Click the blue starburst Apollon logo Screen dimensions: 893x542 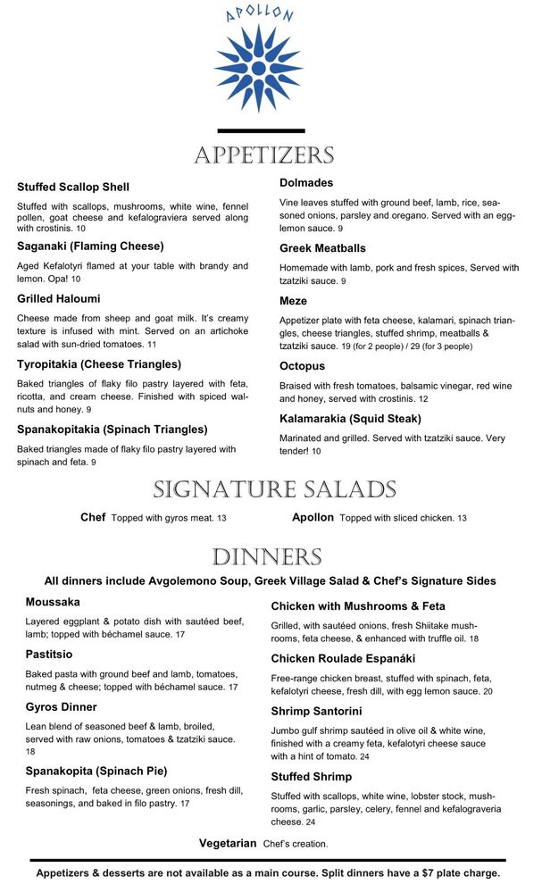pos(258,68)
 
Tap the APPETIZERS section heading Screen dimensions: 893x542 pos(264,155)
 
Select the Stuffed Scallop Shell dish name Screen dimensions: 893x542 pos(73,188)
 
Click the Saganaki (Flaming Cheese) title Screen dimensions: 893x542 pos(90,246)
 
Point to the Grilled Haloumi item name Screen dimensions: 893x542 pos(59,299)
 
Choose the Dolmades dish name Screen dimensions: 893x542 pos(306,183)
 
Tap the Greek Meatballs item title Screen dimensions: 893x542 pos(322,248)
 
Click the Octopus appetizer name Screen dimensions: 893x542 pos(302,366)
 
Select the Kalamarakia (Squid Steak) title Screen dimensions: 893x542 pos(350,419)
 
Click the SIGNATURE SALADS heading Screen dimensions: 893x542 pos(274,489)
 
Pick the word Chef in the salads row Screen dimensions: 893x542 pos(93,518)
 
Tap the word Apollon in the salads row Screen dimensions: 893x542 pos(313,518)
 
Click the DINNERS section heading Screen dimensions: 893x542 pos(266,558)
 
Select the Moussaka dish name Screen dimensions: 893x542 pos(53,603)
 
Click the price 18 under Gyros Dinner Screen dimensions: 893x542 pos(30,753)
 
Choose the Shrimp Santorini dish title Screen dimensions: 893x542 pos(316,712)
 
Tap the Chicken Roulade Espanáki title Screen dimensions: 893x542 pos(346,659)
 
